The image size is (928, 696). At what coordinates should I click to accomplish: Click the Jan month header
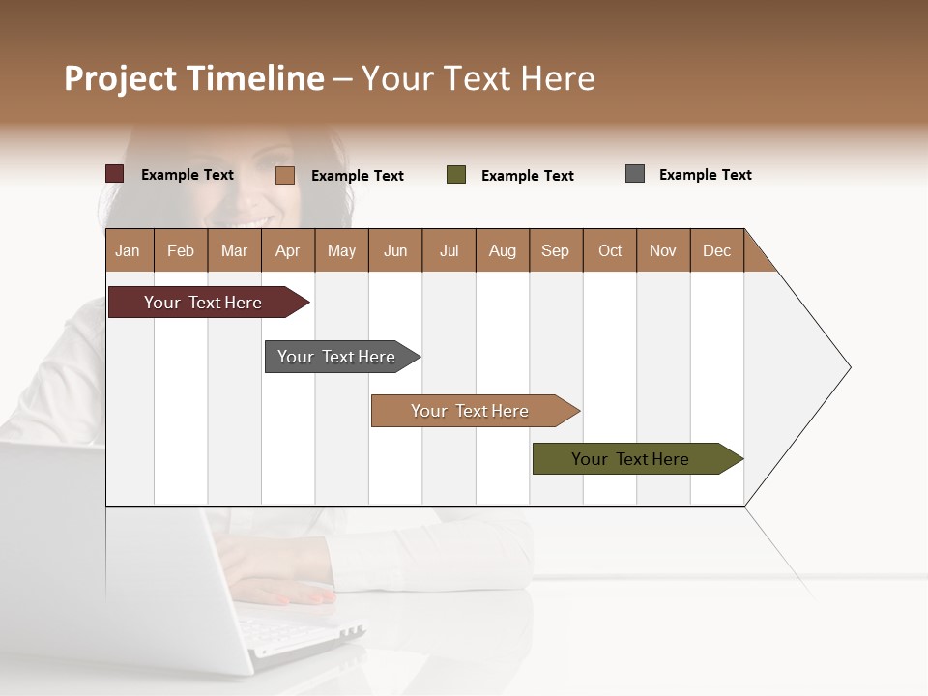point(129,250)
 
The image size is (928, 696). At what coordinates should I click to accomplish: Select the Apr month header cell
point(288,250)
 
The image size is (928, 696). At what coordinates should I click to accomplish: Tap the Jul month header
point(449,250)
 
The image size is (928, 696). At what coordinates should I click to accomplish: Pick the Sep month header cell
point(556,250)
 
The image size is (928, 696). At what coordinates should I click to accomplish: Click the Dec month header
point(716,250)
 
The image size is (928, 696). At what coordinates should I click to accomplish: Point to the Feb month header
point(181,250)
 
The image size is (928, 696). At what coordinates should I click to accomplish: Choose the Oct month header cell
point(610,250)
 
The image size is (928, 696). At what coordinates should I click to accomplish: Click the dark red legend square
point(114,174)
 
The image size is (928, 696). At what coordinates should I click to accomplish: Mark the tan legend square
point(284,175)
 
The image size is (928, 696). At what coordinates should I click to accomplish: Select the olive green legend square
point(456,175)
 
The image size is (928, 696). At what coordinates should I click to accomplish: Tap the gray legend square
point(635,174)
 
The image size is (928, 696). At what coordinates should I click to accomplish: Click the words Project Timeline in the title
point(194,78)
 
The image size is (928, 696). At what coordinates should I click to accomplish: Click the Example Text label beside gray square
point(705,175)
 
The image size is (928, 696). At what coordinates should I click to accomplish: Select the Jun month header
point(395,250)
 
